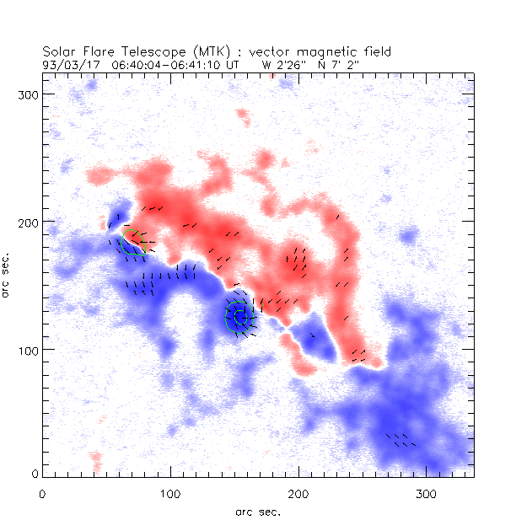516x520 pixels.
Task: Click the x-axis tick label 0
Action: tap(42, 493)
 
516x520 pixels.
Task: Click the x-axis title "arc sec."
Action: tap(257, 511)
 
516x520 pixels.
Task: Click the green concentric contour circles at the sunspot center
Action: tap(239, 317)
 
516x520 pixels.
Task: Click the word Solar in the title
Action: tap(59, 51)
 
